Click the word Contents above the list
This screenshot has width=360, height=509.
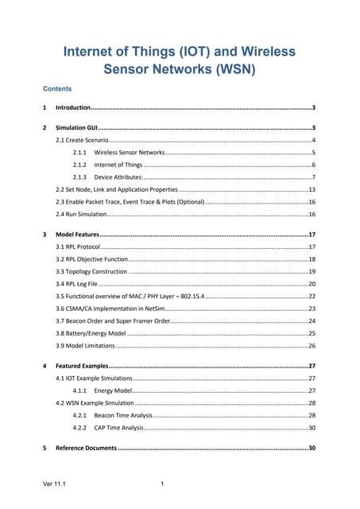pyautogui.click(x=57, y=89)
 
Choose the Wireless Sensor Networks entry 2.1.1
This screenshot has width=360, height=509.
pyautogui.click(x=130, y=151)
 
